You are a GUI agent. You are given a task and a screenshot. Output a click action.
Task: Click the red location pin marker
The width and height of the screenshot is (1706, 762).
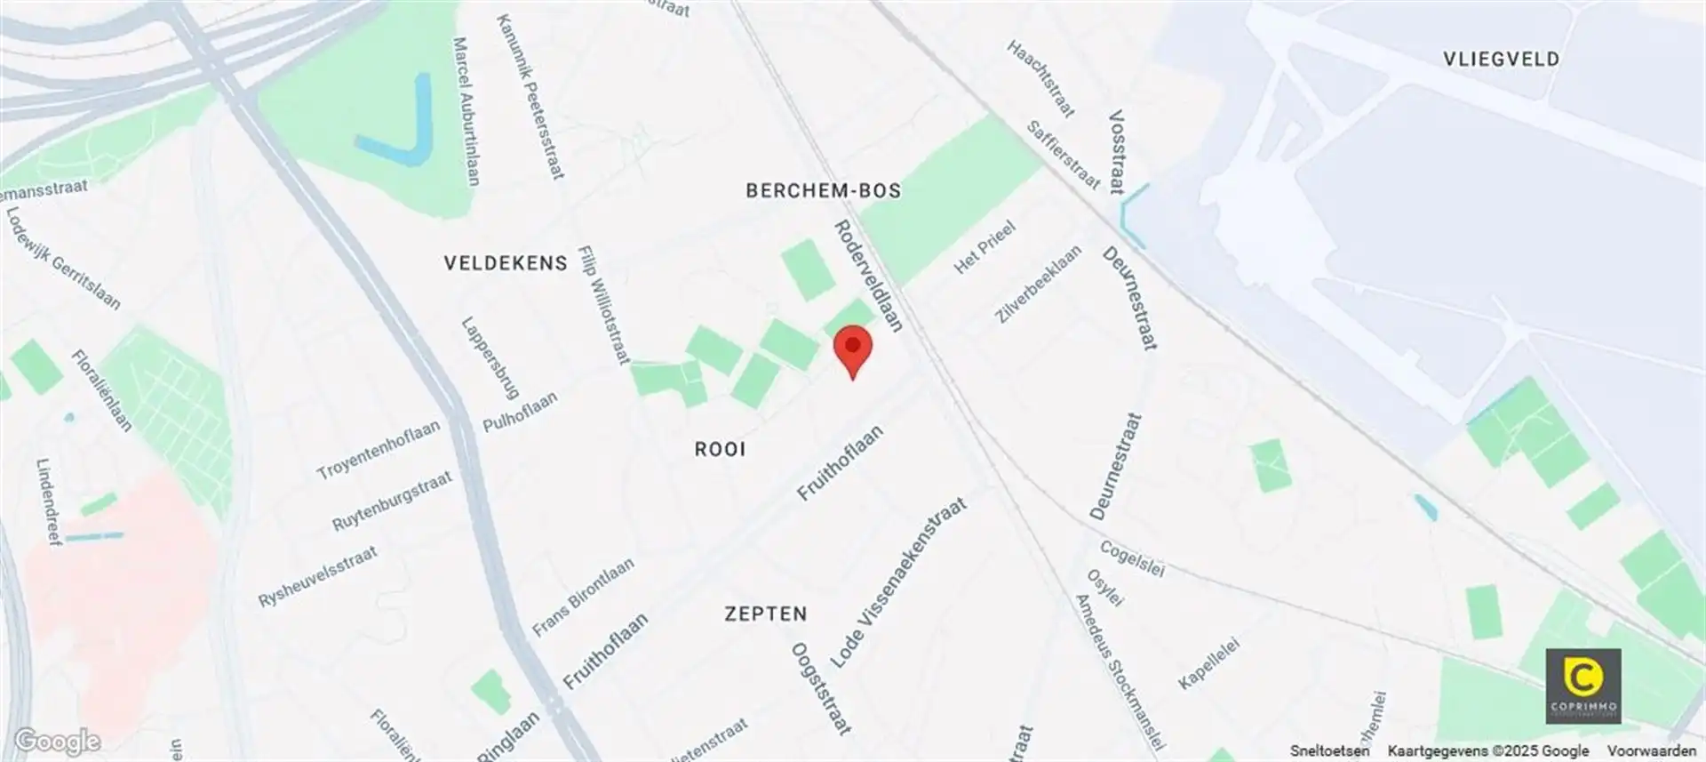[x=853, y=349]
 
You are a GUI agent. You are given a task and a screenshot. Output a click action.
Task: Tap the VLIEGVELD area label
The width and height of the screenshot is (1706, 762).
[x=1501, y=60]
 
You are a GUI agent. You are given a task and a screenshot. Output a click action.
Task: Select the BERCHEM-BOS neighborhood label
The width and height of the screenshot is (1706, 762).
[x=823, y=190]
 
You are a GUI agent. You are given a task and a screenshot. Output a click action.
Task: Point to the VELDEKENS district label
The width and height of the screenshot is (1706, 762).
[x=505, y=263]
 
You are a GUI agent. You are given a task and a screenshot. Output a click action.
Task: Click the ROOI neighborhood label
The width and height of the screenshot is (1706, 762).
[x=720, y=449]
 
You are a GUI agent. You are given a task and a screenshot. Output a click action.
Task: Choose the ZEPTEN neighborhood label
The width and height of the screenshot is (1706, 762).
[x=765, y=614]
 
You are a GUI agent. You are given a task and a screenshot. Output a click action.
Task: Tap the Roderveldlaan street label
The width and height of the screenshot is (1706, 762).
[x=868, y=276]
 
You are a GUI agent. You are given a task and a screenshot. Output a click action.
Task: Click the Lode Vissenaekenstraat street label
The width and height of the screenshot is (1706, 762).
[x=897, y=583]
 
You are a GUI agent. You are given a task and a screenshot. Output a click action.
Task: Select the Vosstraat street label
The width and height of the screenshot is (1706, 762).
[x=1117, y=152]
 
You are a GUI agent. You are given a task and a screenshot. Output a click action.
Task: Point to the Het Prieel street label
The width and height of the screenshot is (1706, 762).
[x=984, y=248]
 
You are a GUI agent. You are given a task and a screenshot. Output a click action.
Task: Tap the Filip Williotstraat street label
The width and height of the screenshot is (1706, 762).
[x=603, y=305]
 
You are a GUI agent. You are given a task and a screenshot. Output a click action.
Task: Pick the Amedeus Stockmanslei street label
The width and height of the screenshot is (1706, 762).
[x=1119, y=671]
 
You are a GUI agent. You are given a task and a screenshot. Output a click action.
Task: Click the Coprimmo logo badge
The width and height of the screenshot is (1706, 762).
[x=1582, y=685]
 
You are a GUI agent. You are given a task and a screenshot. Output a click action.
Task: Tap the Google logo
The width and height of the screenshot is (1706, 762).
[x=57, y=741]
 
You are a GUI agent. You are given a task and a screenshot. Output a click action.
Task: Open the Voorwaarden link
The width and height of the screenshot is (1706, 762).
[x=1651, y=751]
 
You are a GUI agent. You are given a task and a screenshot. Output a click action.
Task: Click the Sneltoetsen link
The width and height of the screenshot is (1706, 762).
[x=1329, y=751]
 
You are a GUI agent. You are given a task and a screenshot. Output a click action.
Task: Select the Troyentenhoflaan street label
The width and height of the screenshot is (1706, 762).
[x=379, y=450]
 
